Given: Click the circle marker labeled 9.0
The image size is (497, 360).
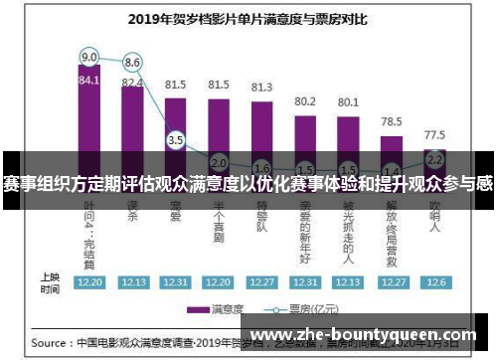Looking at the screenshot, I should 89,56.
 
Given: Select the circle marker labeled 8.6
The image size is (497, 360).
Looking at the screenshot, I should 132,62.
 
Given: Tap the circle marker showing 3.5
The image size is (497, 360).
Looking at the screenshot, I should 176,140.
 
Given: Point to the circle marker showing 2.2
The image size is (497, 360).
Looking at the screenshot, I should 434,158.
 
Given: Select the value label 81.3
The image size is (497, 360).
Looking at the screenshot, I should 261,88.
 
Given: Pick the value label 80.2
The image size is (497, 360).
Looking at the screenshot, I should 305,101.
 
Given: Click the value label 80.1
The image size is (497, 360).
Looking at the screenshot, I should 348,102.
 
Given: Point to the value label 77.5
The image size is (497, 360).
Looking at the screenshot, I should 434,133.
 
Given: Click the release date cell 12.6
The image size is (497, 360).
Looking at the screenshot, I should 434,281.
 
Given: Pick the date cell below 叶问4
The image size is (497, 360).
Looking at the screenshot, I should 89,281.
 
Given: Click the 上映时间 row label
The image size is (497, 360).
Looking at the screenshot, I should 49,281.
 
